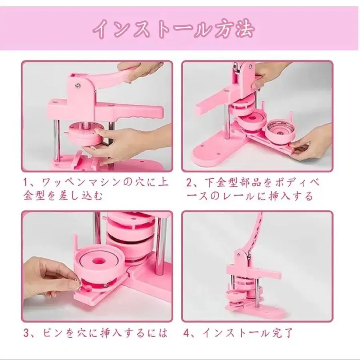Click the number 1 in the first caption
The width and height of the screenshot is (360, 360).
coord(26,183)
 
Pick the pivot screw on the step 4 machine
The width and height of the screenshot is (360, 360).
coord(239,254)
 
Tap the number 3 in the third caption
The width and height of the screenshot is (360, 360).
coord(26,332)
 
